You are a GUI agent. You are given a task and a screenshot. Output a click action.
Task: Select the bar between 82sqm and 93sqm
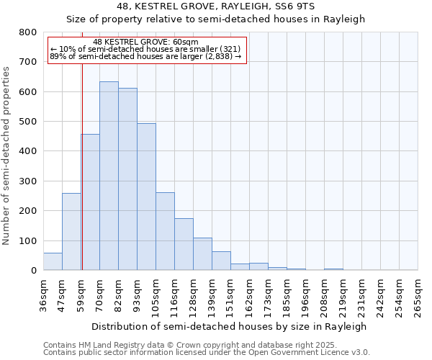pyautogui.click(x=127, y=180)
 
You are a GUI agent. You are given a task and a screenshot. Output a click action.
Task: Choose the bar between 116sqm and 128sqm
pyautogui.click(x=184, y=245)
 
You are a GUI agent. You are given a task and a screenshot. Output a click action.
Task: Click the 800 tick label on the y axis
pyautogui.click(x=27, y=32)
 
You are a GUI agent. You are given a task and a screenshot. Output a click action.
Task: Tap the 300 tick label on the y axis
pyautogui.click(x=27, y=181)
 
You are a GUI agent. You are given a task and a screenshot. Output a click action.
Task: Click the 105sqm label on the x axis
pyautogui.click(x=156, y=297)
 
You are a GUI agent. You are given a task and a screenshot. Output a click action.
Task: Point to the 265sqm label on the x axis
pyautogui.click(x=418, y=297)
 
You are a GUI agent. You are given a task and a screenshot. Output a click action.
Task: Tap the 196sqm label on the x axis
pyautogui.click(x=306, y=297)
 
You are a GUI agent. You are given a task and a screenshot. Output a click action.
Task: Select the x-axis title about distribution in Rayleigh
pyautogui.click(x=230, y=326)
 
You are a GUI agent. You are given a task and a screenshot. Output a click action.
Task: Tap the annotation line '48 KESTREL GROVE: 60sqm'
pyautogui.click(x=145, y=42)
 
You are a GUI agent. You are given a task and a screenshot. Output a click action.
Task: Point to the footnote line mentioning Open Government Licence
pyautogui.click(x=206, y=353)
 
